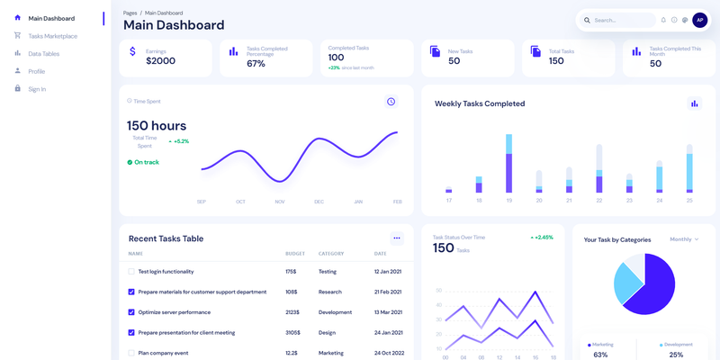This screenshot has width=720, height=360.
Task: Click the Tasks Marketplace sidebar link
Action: [x=52, y=36]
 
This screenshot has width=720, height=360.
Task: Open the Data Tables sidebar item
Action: [x=43, y=54]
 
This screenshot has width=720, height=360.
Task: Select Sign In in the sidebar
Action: [x=37, y=89]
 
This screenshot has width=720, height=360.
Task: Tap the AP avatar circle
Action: [x=699, y=20]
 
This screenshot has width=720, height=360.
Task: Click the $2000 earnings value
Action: [x=160, y=61]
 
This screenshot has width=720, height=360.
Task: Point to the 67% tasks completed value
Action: [x=256, y=64]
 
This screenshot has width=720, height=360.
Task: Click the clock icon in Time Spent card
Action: [x=391, y=102]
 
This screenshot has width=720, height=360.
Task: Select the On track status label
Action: [x=146, y=162]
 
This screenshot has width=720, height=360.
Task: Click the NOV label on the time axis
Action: [x=280, y=202]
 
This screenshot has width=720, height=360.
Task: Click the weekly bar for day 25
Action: [x=689, y=167]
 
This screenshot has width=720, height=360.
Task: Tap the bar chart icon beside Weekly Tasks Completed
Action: [x=694, y=103]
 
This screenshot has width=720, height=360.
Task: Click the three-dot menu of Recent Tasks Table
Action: [x=396, y=238]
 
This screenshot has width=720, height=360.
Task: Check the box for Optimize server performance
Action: [x=131, y=312]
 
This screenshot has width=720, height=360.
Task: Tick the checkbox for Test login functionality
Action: [x=131, y=271]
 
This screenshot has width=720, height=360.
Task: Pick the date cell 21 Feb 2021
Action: [x=389, y=292]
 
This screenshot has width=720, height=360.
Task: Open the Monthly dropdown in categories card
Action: [x=684, y=239]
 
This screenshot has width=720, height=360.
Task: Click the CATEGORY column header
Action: [x=331, y=254]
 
